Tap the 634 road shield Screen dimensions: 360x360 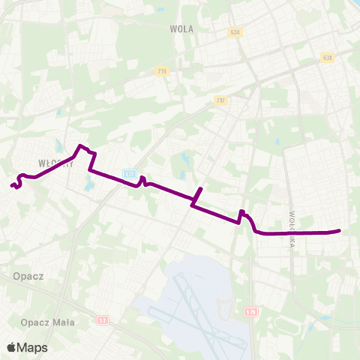coord(235,32)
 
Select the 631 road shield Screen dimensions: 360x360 coord(327,57)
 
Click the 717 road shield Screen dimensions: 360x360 coord(219,101)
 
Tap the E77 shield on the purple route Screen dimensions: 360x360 coord(130,174)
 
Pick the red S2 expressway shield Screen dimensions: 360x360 coord(102,321)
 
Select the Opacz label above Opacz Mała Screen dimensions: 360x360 coord(28,276)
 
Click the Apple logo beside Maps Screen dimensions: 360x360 coord(11,347)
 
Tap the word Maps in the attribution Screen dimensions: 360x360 coord(32,347)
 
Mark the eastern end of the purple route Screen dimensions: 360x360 coord(340,231)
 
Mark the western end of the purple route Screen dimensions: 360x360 coord(12,184)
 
